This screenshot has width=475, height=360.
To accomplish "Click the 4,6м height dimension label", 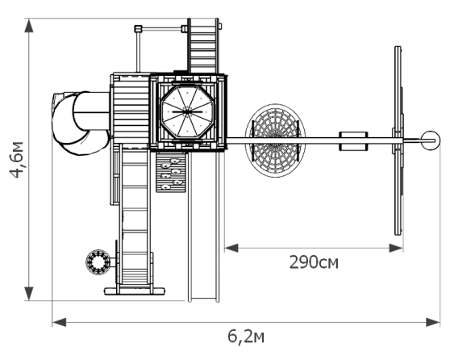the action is point(16,160).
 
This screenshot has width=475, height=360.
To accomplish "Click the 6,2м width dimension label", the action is point(246,337).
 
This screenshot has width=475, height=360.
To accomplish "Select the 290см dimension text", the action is point(314,262).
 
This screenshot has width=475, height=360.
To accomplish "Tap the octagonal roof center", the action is point(187,112).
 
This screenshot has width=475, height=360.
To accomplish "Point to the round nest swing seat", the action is point(275,140).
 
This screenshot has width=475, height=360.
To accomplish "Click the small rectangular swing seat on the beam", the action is point(353,141).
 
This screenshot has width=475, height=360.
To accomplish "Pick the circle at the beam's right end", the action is point(431,140).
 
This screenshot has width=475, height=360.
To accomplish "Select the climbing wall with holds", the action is point(171,172).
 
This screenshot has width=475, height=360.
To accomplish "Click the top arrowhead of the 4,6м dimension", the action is point(29,26).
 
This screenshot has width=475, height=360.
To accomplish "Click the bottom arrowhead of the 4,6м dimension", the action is point(29,294).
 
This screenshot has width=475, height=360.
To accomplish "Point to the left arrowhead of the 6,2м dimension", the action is point(59,322).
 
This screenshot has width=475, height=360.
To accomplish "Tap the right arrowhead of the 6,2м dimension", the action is point(433,322).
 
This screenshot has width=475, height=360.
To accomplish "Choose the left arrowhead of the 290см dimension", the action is point(231,248).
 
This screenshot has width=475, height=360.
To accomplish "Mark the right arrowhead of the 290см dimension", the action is point(396,248).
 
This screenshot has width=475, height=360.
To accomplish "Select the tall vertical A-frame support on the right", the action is point(398,140).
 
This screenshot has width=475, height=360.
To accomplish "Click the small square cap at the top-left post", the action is point(138,29).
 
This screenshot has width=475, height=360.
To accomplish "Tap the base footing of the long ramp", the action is point(135,291).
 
